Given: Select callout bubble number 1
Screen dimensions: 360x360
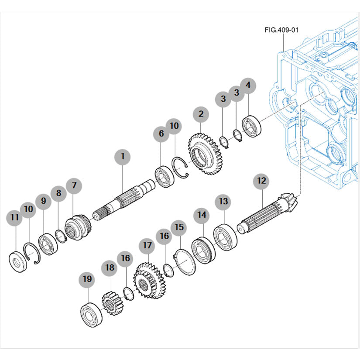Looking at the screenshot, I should click(123, 156).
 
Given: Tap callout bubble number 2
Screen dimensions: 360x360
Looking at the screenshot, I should click(201, 114).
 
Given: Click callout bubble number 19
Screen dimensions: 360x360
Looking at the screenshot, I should click(87, 279).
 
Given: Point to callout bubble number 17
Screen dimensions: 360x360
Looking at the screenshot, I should click(147, 246).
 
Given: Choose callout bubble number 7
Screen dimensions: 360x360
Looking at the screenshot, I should click(74, 185).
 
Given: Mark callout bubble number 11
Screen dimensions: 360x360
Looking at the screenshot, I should click(14, 217).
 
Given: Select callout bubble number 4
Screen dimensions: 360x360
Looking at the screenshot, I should click(248, 86).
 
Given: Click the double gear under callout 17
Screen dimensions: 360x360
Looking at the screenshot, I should click(147, 280).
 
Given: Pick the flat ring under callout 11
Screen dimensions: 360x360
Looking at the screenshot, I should click(17, 261).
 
